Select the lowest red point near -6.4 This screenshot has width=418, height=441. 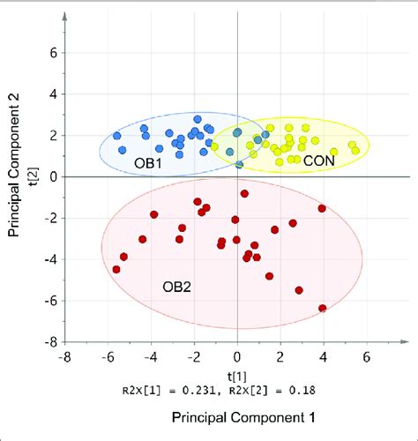point(323,308)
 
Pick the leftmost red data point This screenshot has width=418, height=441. point(116,270)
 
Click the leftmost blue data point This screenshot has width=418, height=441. point(118,136)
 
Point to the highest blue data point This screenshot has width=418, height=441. point(197,119)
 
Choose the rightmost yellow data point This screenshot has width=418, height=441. point(356,150)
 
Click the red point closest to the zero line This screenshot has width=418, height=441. point(244,193)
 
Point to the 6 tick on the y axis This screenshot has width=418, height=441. point(52,53)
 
